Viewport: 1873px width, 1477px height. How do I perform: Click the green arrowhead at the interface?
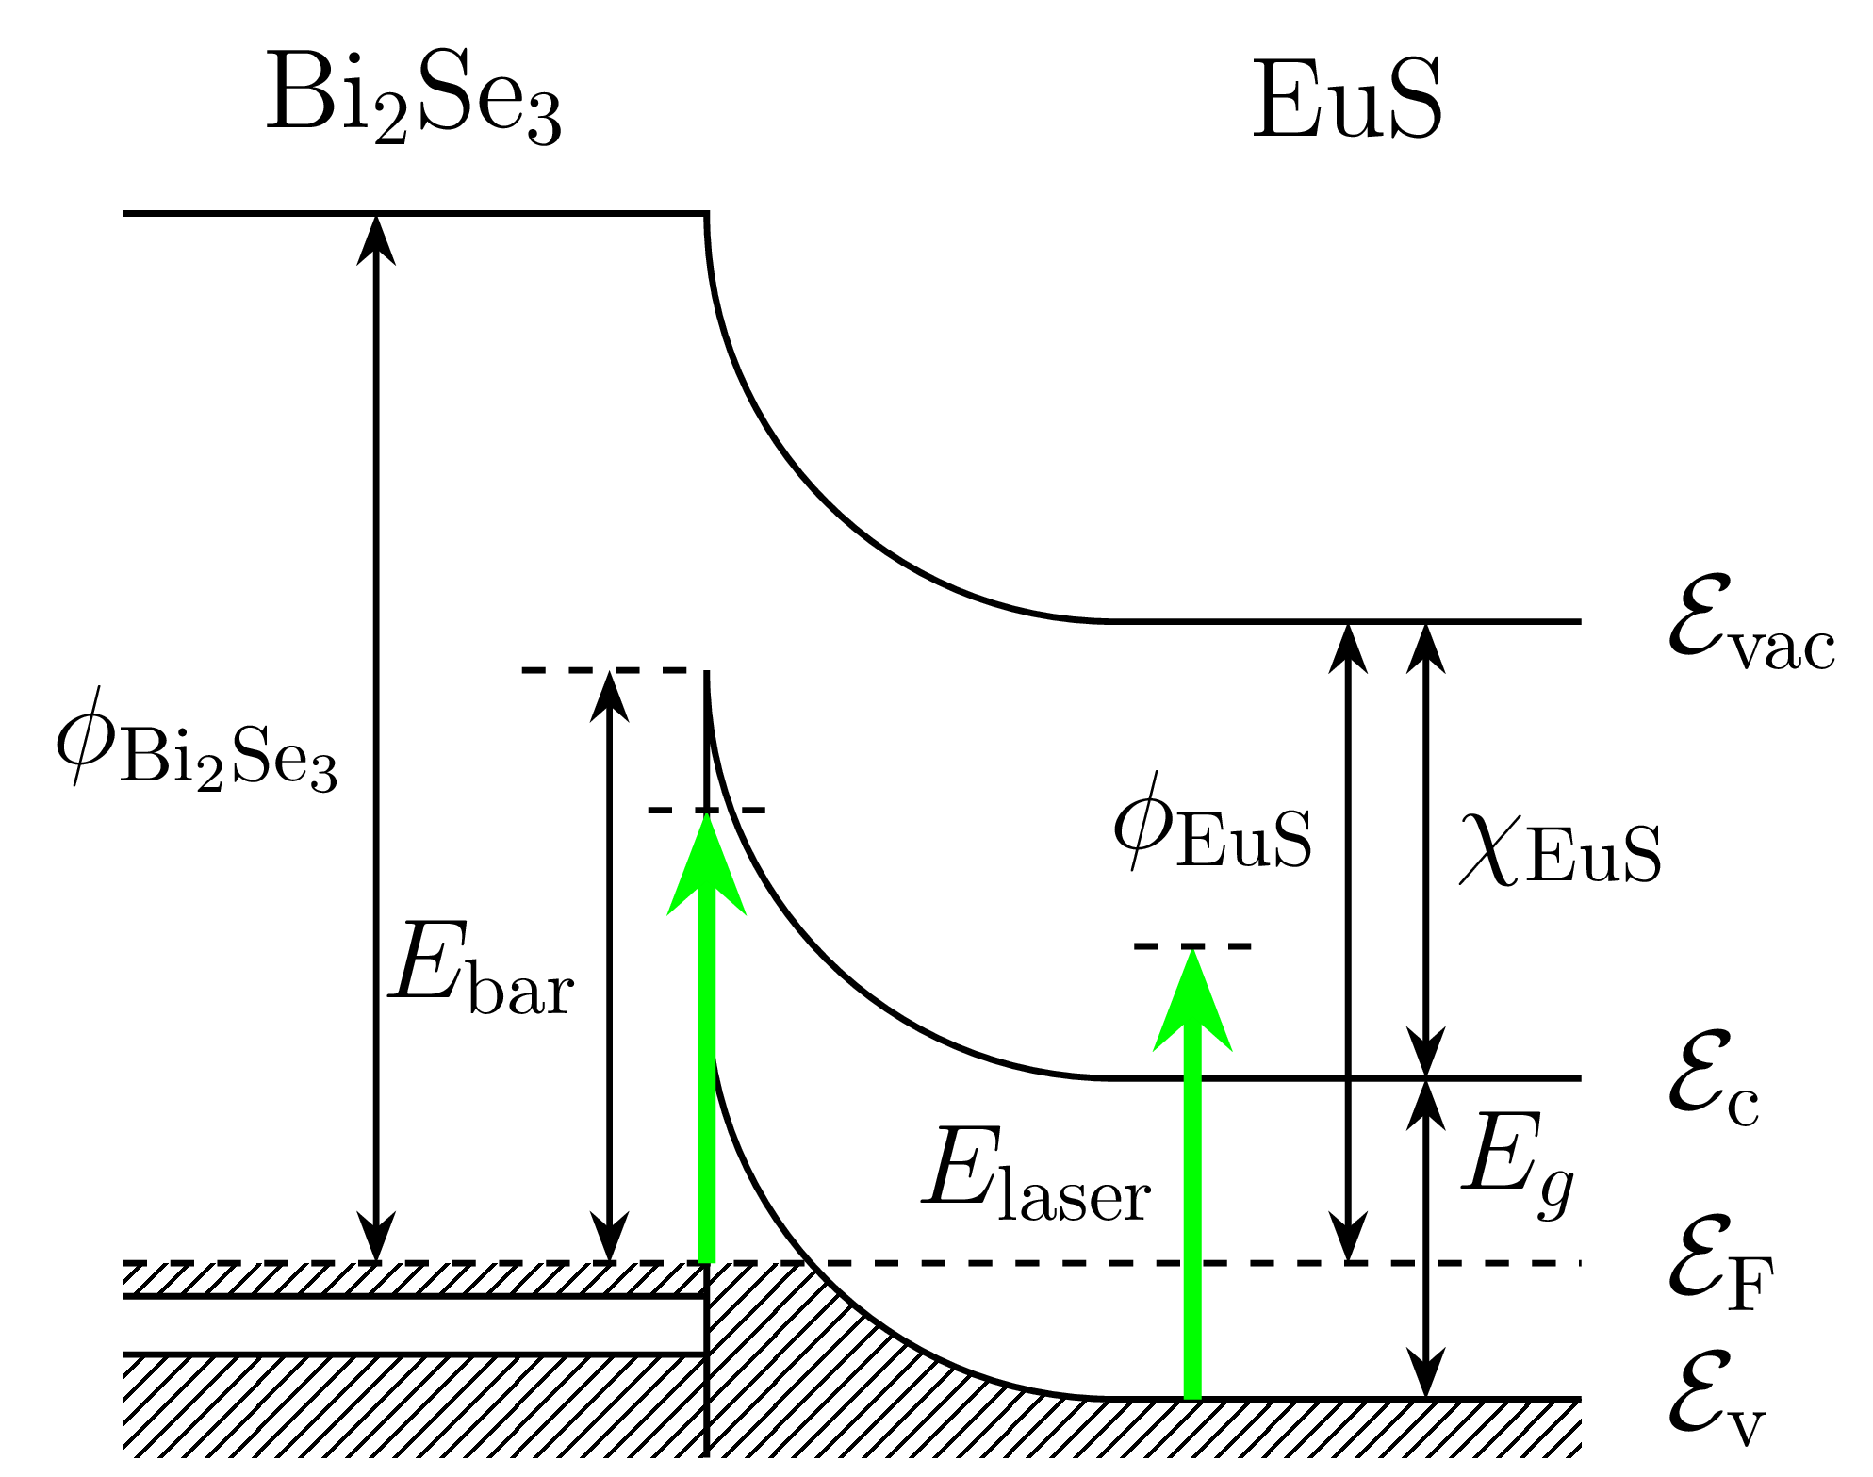706,867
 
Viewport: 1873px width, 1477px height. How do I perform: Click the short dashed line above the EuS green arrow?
1192,945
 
